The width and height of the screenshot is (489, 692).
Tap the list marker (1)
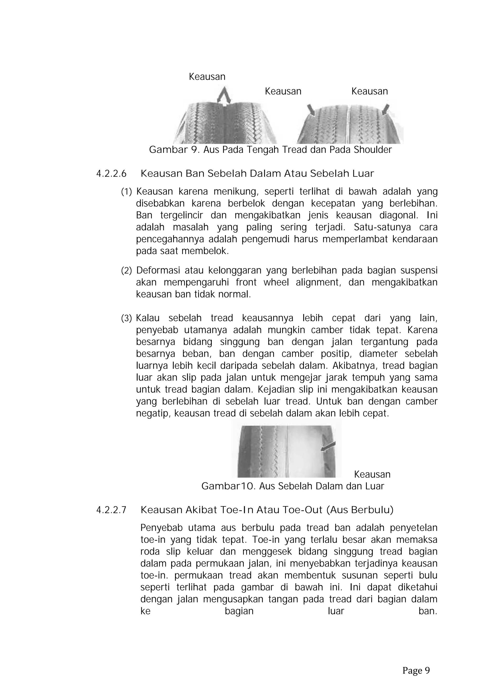point(127,192)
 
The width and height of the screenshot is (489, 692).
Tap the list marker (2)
point(127,271)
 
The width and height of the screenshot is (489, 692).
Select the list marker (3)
point(127,318)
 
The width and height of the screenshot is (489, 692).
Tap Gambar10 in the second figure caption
point(229,486)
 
